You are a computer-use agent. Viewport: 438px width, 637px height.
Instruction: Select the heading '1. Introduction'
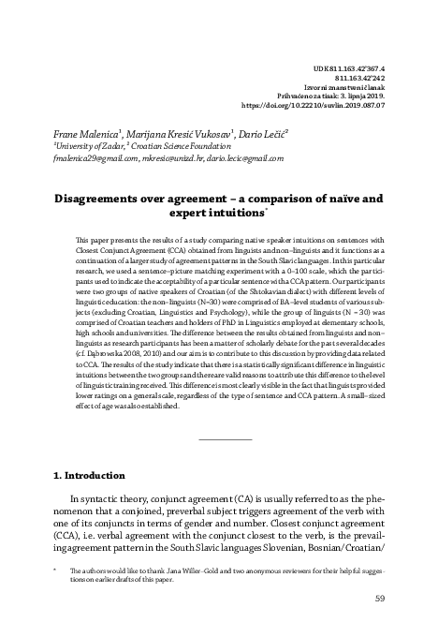pyautogui.click(x=88, y=475)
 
